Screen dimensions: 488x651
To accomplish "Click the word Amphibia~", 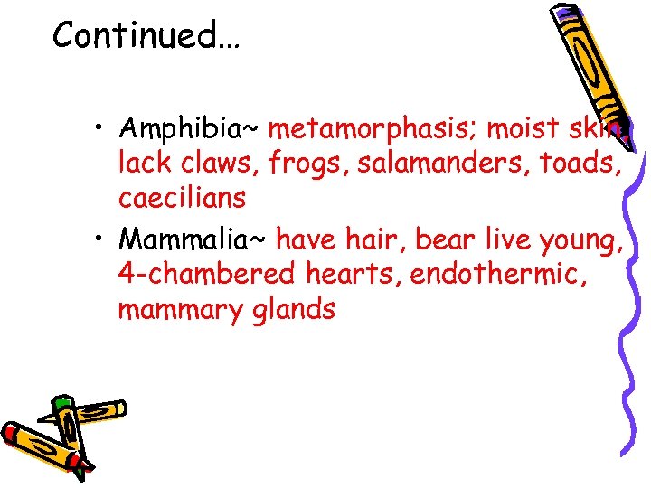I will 189,130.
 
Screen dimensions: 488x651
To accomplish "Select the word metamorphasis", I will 373,130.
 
